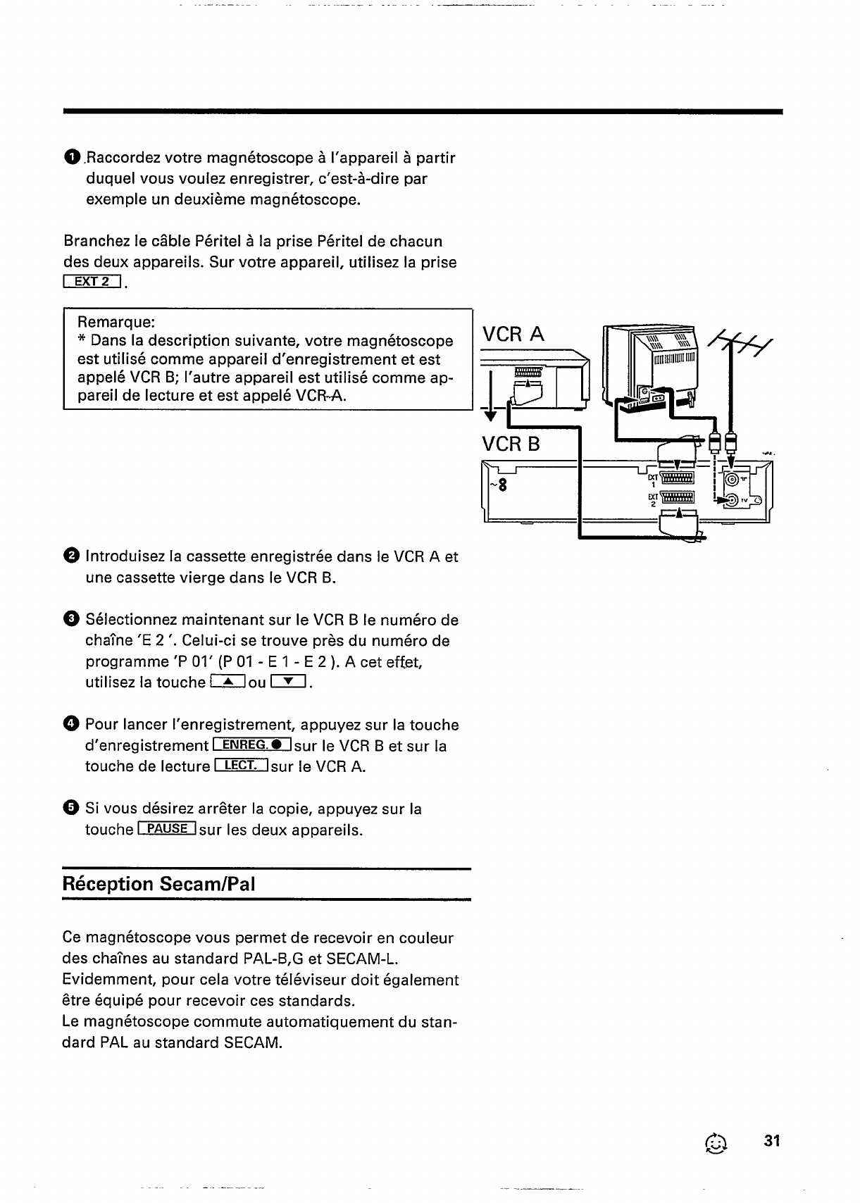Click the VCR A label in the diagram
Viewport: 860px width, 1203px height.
513,334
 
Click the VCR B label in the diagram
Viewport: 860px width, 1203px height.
511,444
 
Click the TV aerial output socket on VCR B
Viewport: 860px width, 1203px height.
733,500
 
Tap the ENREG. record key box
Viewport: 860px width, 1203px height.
251,746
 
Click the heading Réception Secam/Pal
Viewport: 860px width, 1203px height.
158,883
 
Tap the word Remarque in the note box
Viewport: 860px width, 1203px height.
116,322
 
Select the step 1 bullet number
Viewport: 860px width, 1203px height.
72,158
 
